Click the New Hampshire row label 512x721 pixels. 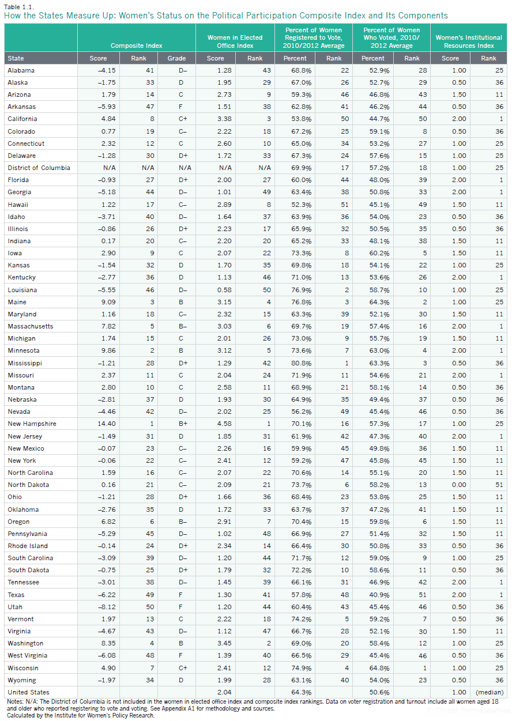pos(32,424)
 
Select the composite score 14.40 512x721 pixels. pos(98,424)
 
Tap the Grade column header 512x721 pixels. pos(176,58)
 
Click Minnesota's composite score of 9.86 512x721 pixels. pos(99,350)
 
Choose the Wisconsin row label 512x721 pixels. pos(24,667)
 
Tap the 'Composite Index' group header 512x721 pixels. pos(137,46)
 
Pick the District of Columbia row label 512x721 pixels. pos(39,168)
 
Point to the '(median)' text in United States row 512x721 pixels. pos(488,692)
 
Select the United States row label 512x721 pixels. pos(28,692)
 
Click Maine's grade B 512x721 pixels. pos(176,302)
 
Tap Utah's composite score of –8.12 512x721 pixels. pos(98,606)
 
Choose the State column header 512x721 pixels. pos(16,58)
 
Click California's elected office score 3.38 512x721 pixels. pos(215,119)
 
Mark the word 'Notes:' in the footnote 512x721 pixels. pos(14,701)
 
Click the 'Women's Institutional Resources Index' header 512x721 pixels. pos(469,41)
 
